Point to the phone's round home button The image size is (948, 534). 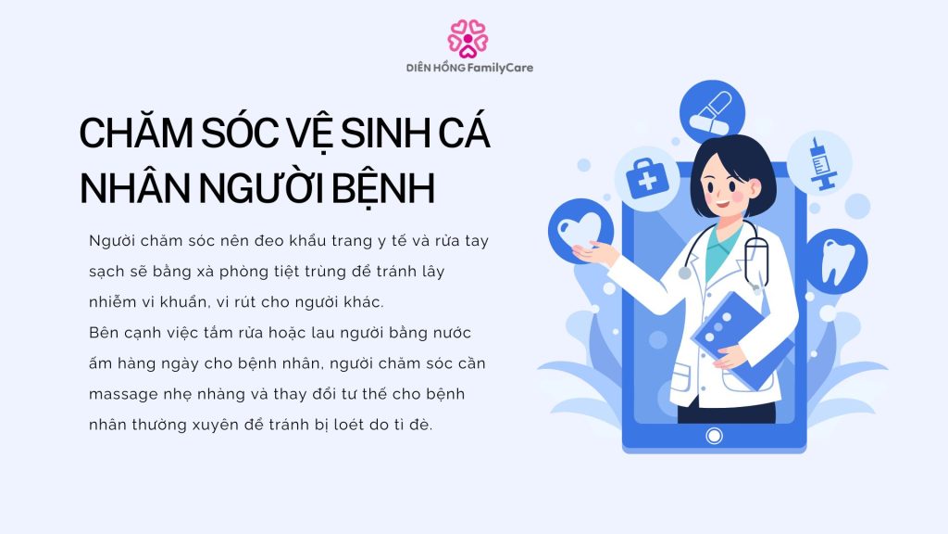(713, 435)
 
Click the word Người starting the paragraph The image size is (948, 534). (112, 241)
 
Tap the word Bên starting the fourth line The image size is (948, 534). (105, 332)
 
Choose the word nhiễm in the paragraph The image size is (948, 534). (115, 302)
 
